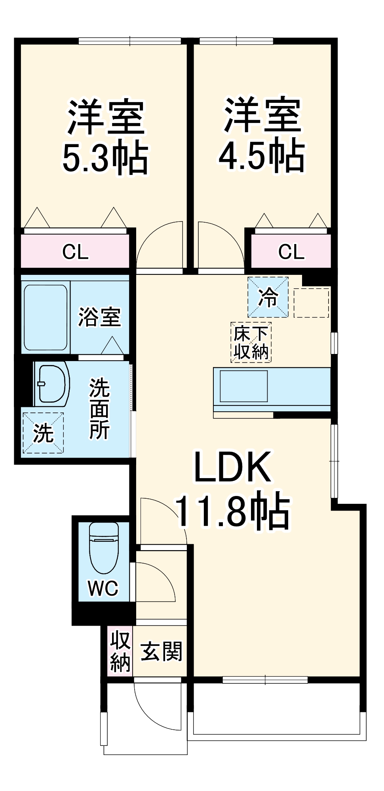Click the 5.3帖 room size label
[105, 159]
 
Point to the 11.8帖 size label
[232, 510]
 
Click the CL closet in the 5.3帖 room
[75, 252]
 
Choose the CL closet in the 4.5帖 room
[291, 252]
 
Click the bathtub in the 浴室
[46, 318]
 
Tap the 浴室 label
[99, 317]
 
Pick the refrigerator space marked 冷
[268, 297]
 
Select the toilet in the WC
[104, 548]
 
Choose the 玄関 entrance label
[162, 651]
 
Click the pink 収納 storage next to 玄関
[120, 651]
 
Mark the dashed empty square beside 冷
[312, 303]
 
